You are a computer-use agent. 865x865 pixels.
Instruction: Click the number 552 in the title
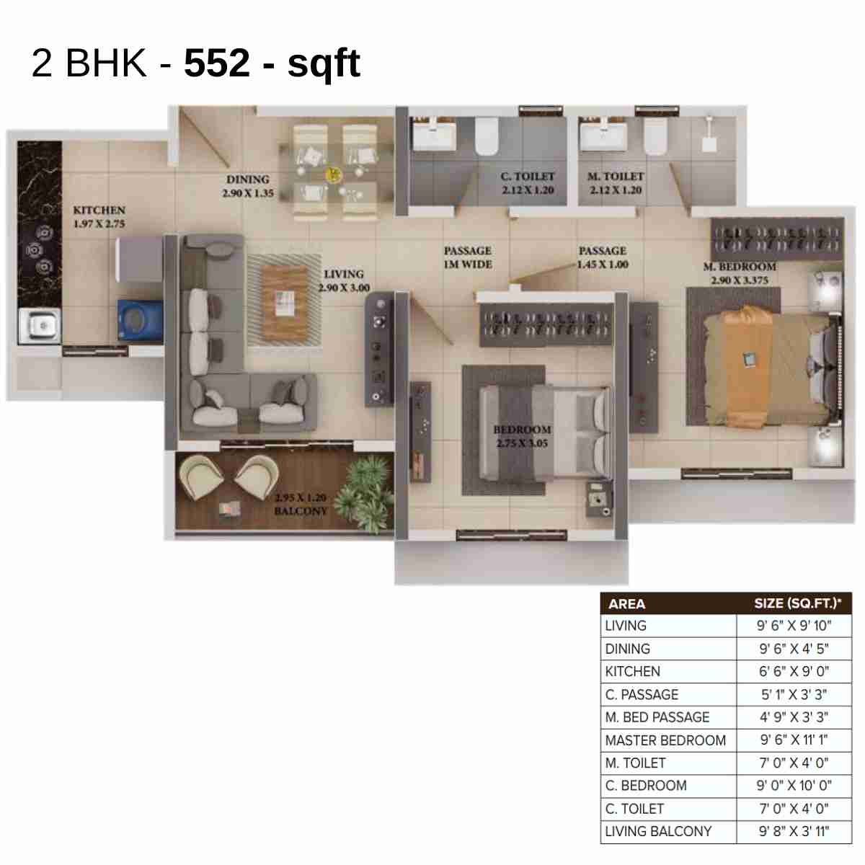point(216,63)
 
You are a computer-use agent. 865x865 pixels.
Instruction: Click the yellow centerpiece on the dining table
point(334,174)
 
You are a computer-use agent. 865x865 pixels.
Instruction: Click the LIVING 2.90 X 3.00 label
point(344,280)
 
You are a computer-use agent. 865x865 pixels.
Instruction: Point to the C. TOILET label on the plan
point(528,183)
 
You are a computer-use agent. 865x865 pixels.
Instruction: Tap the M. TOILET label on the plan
point(615,183)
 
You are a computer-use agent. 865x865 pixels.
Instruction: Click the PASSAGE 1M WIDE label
point(468,257)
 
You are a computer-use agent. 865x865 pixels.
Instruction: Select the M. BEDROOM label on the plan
point(740,273)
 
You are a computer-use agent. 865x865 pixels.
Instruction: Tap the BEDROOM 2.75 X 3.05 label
point(522,436)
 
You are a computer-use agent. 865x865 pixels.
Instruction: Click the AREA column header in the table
point(626,604)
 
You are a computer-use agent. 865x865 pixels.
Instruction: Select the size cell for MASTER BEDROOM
point(794,740)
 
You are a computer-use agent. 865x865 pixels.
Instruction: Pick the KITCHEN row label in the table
point(632,671)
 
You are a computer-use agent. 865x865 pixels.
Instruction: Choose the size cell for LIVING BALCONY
point(794,831)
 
